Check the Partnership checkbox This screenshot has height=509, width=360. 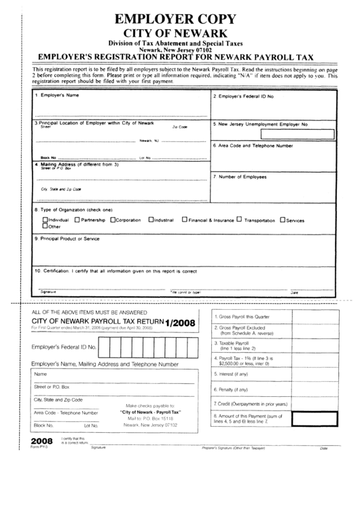[x=77, y=220]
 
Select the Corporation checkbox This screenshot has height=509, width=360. [x=113, y=220]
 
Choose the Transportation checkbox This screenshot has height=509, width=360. [x=239, y=220]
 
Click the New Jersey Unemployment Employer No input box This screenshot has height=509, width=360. [x=308, y=134]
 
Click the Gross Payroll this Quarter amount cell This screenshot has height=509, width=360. [x=314, y=317]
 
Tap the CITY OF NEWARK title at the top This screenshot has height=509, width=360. [x=180, y=33]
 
